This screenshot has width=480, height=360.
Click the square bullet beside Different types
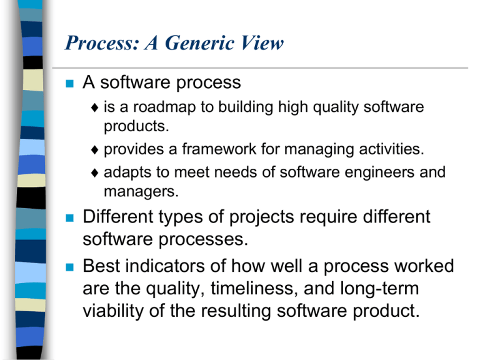point(70,218)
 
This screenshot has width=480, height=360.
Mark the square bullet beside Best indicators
point(70,267)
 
